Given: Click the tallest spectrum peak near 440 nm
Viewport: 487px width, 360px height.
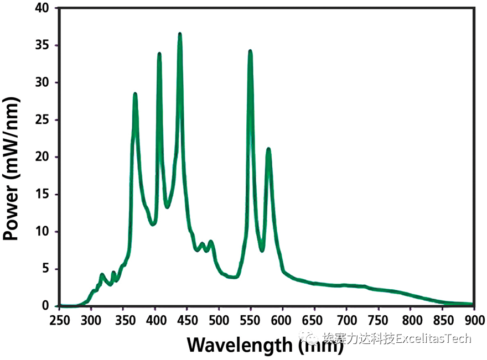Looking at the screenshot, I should (180, 34).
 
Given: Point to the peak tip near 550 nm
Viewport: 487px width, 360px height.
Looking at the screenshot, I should (250, 51).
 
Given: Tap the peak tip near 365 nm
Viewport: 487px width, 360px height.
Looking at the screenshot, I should (135, 95).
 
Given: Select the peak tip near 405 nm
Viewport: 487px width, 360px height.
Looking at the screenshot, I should (159, 54).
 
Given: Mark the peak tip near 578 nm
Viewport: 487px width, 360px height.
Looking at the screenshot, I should (268, 149).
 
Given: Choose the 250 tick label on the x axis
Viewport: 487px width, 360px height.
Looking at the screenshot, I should (60, 320).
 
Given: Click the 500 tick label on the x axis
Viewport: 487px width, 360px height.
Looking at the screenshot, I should (219, 320).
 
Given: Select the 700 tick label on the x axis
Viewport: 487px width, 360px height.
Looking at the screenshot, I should (346, 320).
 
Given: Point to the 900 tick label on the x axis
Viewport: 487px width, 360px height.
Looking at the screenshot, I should (473, 320).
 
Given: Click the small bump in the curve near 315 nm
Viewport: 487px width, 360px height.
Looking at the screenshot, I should (102, 274).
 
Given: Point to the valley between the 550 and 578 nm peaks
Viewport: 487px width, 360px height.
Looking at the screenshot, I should (262, 250).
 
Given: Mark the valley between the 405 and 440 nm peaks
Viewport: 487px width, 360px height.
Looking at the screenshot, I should (168, 207).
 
